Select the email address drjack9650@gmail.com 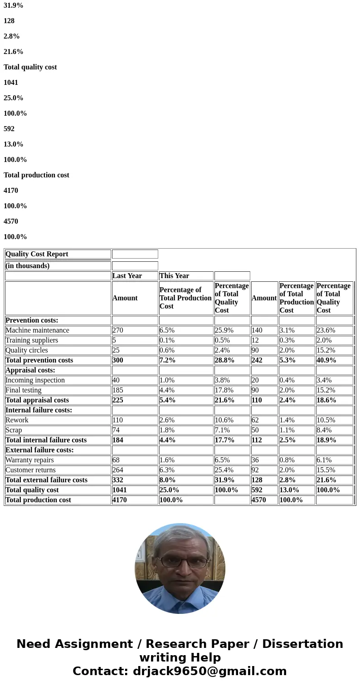pos(209,671)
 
